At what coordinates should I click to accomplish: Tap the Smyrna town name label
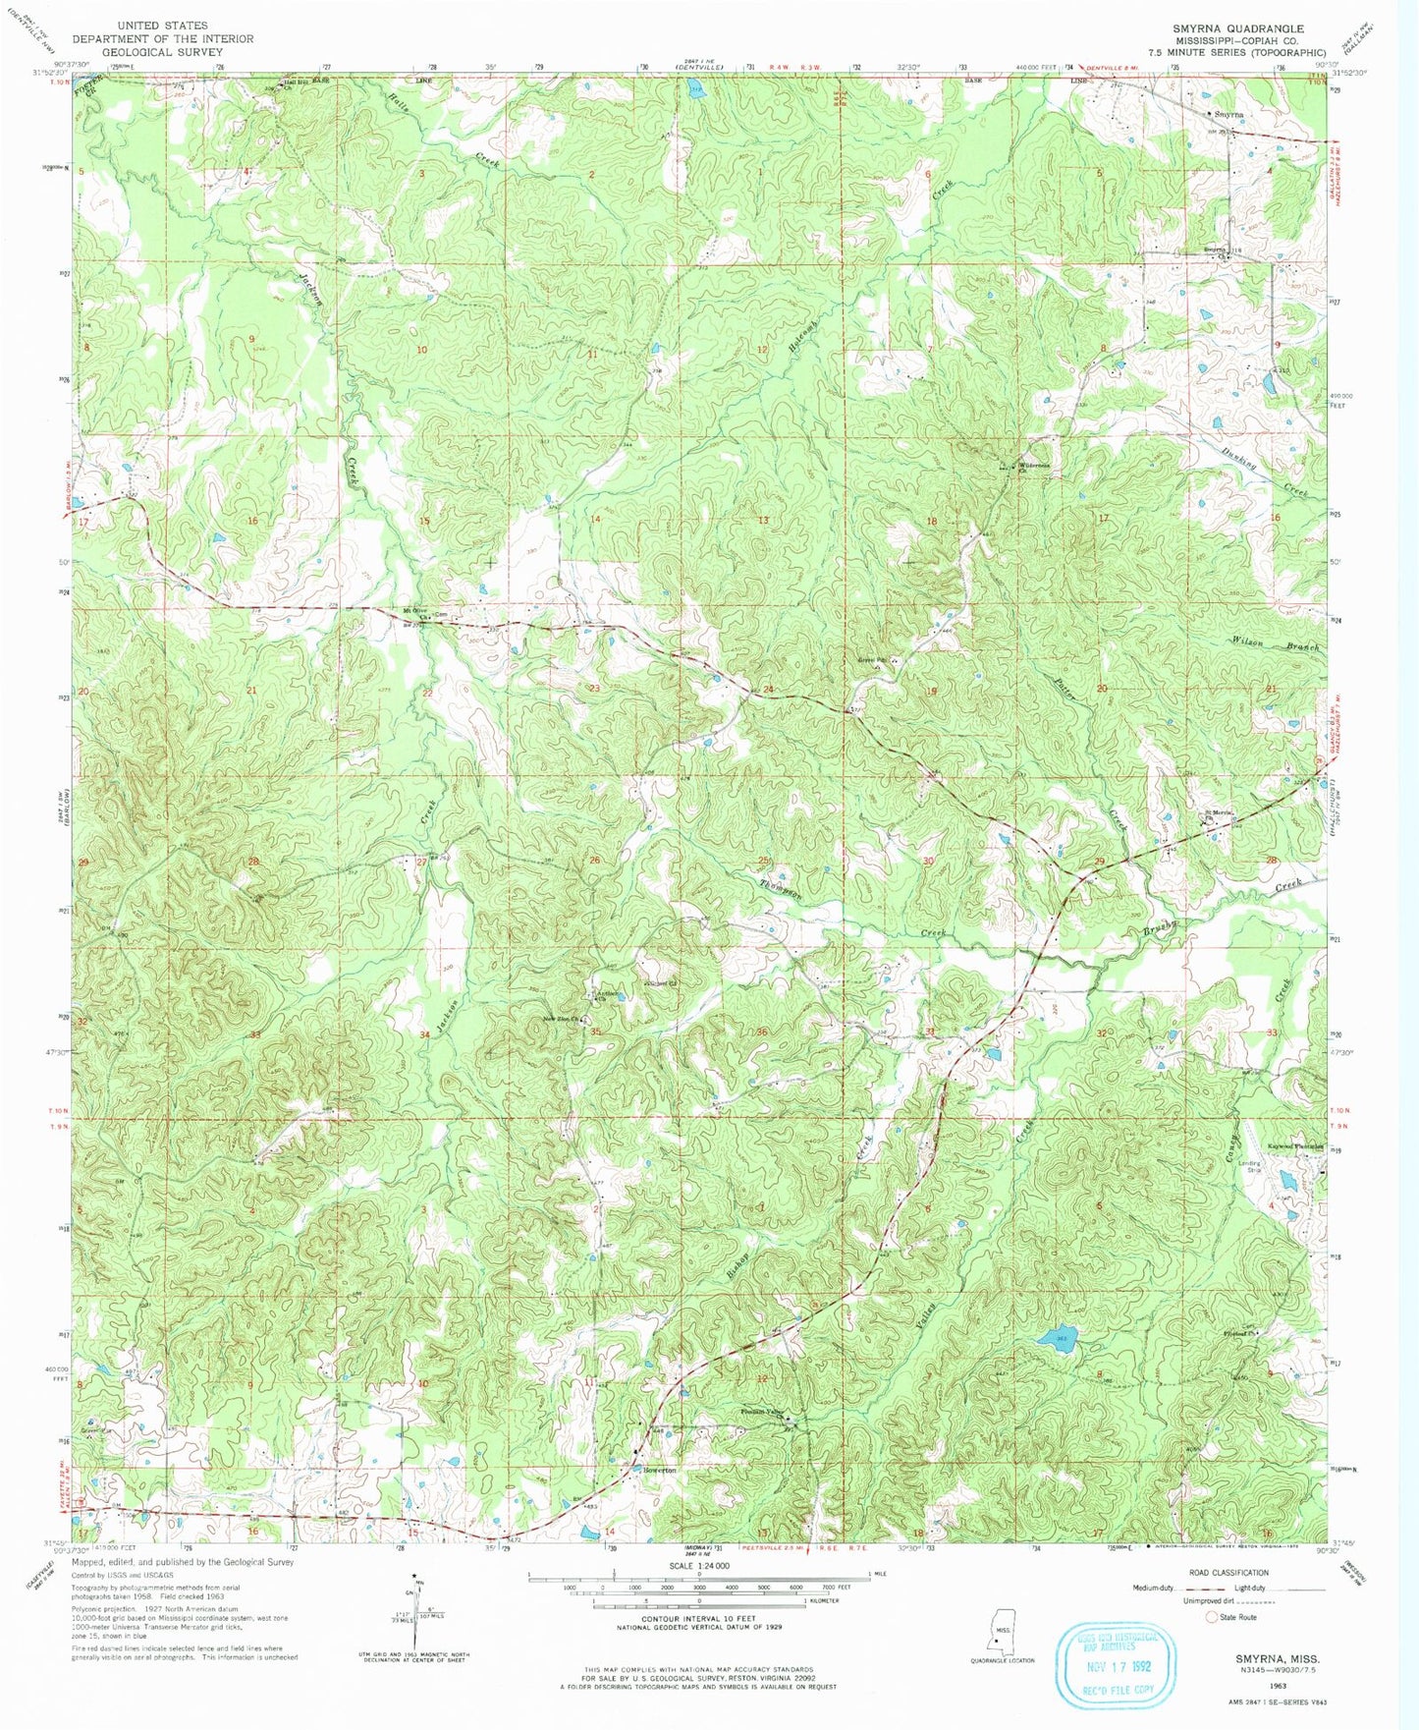coord(1228,114)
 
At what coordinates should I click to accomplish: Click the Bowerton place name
coord(660,1470)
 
